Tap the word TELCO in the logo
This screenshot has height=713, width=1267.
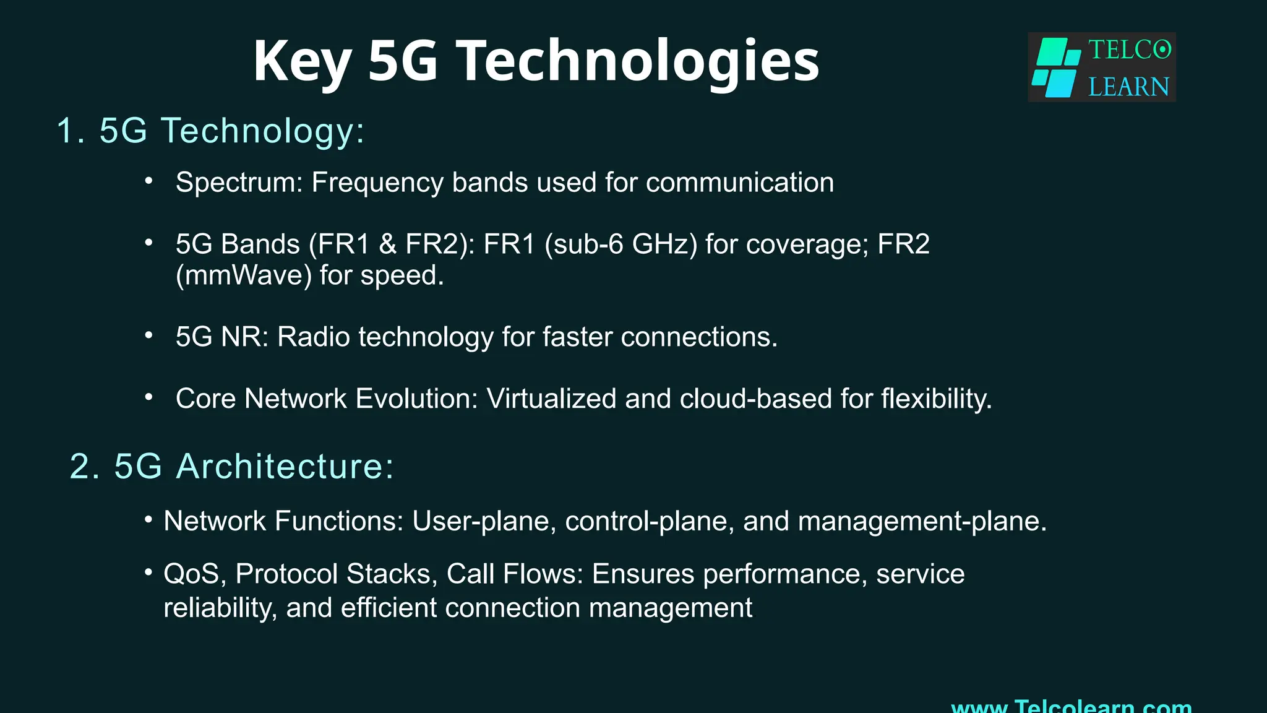click(1130, 50)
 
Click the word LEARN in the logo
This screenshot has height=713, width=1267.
click(1128, 87)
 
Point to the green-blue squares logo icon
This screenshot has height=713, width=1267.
click(1057, 67)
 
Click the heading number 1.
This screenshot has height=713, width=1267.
click(69, 131)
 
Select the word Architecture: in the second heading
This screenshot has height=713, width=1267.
click(285, 466)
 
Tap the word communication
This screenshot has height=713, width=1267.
click(740, 183)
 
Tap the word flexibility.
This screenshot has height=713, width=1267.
click(936, 399)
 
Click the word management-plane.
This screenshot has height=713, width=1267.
click(922, 521)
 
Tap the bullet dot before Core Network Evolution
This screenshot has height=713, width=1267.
click(148, 397)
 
